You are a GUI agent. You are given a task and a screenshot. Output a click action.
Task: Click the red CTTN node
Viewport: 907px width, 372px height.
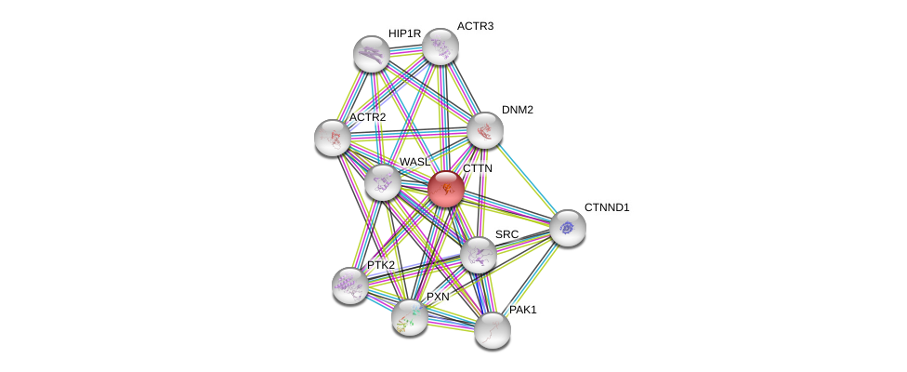[x=446, y=189]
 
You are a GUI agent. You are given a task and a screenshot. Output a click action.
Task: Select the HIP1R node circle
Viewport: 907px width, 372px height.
[x=372, y=54]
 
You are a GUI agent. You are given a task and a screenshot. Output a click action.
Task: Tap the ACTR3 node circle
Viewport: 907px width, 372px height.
[x=440, y=46]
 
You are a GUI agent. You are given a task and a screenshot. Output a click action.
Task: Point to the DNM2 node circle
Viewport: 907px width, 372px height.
[x=484, y=130]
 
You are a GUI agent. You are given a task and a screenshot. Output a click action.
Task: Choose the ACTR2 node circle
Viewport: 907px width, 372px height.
[x=333, y=138]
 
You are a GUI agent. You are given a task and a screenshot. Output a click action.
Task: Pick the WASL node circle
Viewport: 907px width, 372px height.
[x=382, y=182]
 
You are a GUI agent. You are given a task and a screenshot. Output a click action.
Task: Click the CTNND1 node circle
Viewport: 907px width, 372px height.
[x=567, y=228]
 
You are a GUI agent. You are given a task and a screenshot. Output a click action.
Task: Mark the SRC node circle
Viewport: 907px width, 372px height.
[x=479, y=255]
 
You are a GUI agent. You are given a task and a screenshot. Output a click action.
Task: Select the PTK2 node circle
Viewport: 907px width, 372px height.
[x=350, y=286]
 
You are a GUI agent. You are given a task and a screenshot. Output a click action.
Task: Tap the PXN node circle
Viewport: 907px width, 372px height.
[x=409, y=317]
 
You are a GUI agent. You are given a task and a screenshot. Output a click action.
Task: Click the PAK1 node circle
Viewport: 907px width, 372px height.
[x=492, y=329]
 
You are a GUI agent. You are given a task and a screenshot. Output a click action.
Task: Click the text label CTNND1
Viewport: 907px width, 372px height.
[x=607, y=207]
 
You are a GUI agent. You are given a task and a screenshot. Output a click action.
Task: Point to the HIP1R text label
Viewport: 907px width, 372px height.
[x=404, y=33]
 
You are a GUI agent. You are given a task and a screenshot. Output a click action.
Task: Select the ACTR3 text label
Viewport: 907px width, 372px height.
[x=475, y=26]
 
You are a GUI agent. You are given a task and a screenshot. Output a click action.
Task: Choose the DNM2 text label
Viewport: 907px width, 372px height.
[x=517, y=110]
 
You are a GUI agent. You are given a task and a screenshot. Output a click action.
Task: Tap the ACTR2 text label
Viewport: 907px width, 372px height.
[x=367, y=117]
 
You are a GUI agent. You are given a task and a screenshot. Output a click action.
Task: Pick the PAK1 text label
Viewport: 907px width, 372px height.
[x=522, y=310]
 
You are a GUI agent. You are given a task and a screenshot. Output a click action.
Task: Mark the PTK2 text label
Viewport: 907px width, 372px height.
[x=380, y=265]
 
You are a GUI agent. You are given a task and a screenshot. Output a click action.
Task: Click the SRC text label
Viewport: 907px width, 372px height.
[x=506, y=234]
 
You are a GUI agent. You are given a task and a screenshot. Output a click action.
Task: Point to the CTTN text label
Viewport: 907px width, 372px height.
[x=478, y=168]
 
